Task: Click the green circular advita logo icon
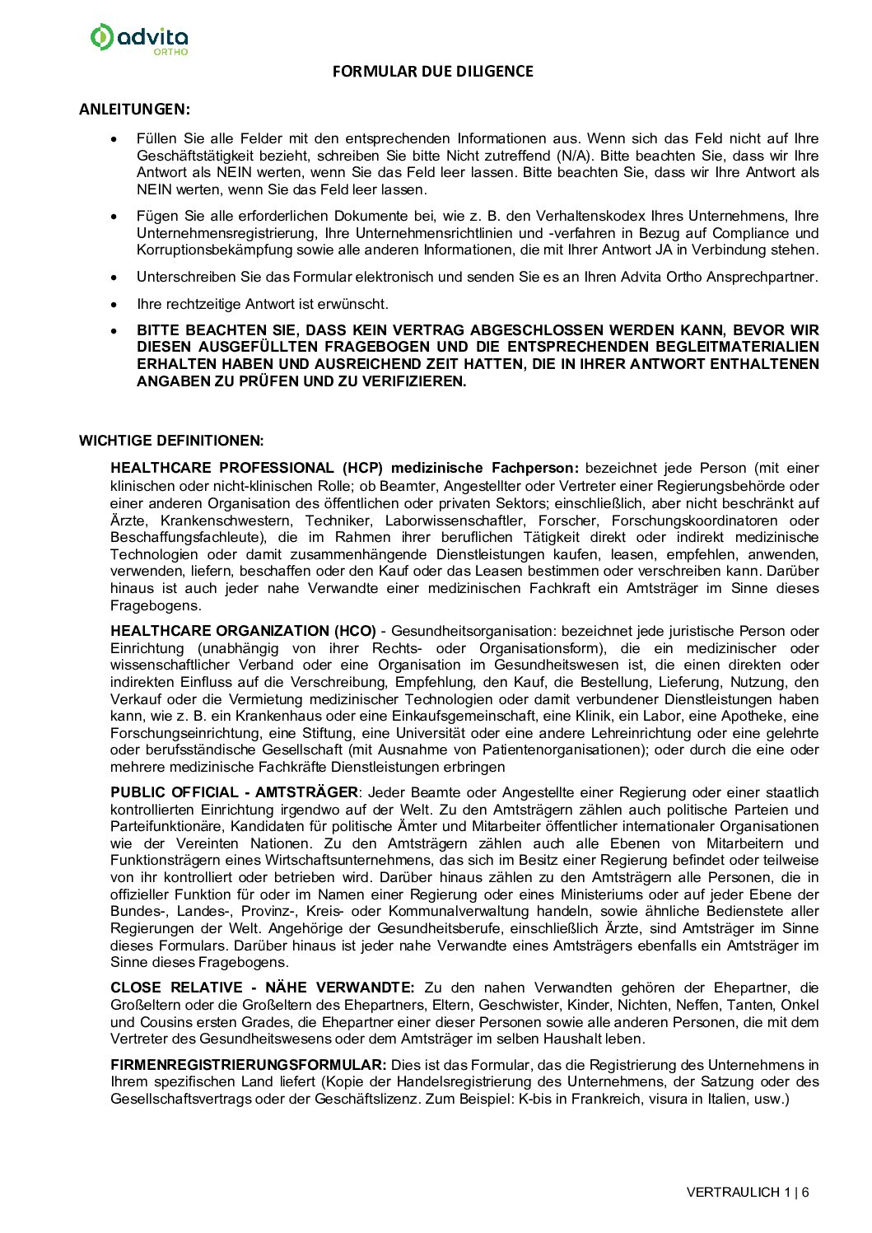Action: coord(101,37)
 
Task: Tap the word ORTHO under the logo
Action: coord(170,52)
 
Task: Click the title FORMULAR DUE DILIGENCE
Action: coord(432,72)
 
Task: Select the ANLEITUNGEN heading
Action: coord(134,109)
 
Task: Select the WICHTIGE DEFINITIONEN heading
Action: coord(171,441)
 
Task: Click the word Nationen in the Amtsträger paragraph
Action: coord(272,843)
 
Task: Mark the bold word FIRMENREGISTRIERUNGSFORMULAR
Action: coord(248,1065)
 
